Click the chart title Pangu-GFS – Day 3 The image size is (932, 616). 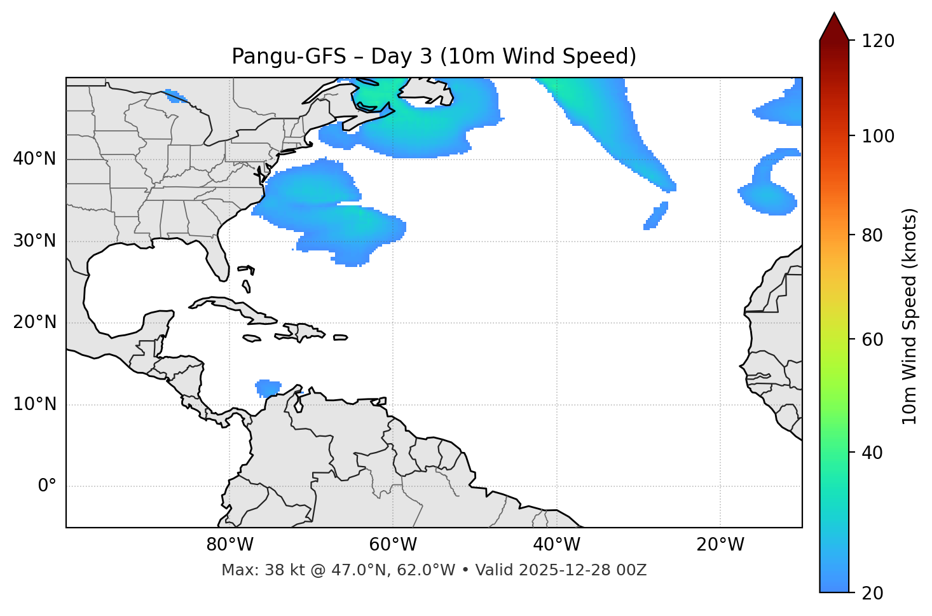coord(434,57)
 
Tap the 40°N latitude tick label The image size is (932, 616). coord(34,159)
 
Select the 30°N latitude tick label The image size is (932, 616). coord(34,241)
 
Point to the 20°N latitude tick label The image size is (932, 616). coord(34,322)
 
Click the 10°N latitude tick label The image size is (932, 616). coord(34,404)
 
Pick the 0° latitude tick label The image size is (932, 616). coord(47,486)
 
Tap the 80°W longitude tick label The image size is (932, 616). coord(230,545)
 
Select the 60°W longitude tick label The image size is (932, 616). coord(393,545)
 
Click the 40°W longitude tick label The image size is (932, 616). coord(556,545)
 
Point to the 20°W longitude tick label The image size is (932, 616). coord(720,545)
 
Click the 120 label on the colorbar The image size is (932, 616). coord(878,41)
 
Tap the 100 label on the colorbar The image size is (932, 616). coord(878,136)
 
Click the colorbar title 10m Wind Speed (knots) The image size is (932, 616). coord(910,316)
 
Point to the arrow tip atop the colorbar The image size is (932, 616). coord(834,14)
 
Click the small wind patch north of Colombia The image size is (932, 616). coord(268,387)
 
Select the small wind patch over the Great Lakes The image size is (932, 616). coord(175,97)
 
